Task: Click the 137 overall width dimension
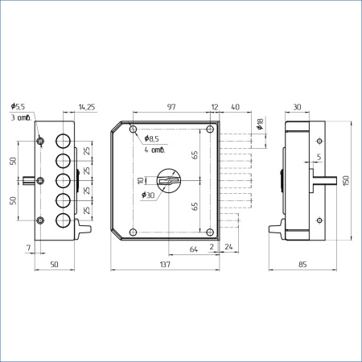[165, 265]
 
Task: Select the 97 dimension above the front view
[171, 107]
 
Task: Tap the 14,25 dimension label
[87, 107]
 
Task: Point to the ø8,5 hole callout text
[151, 138]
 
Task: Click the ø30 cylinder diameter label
[148, 195]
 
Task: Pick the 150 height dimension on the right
[346, 180]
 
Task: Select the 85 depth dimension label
[302, 265]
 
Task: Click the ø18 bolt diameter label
[260, 124]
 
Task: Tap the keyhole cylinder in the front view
[169, 180]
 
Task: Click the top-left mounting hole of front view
[134, 130]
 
